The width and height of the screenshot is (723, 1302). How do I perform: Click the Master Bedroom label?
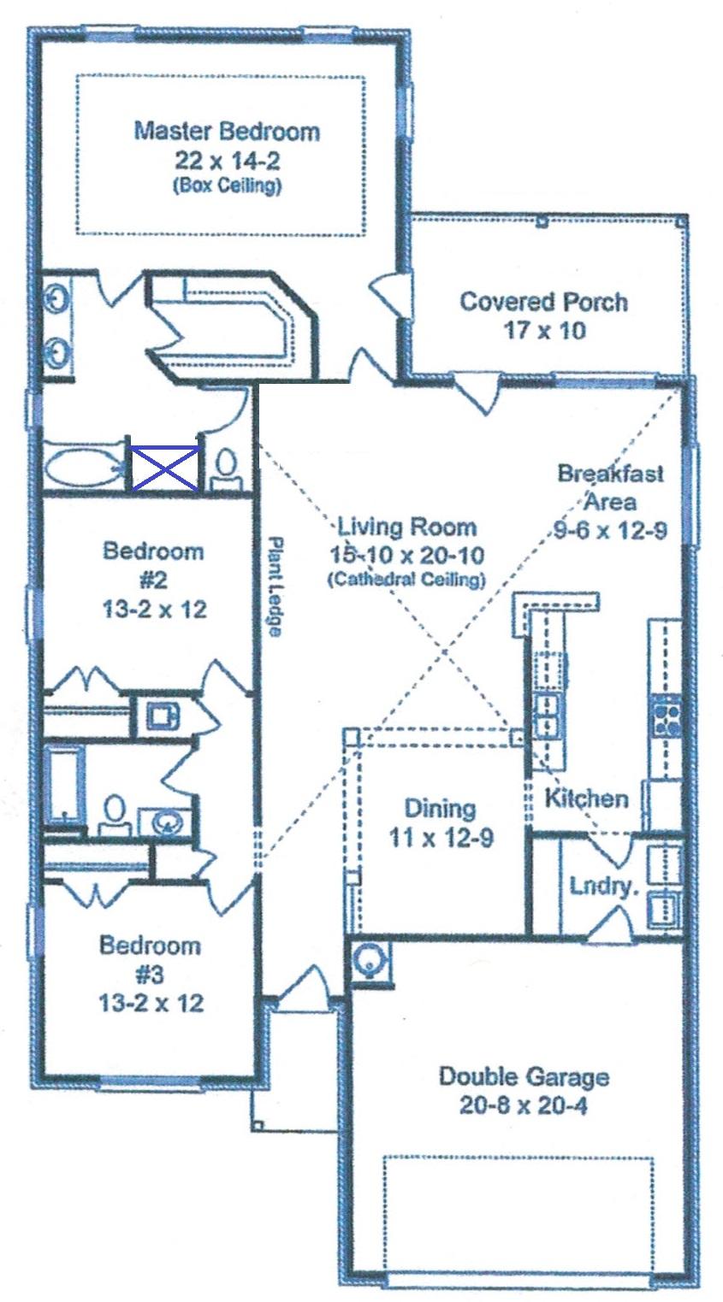[x=227, y=131]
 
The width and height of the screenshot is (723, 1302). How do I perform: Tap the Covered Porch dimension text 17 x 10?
[x=545, y=330]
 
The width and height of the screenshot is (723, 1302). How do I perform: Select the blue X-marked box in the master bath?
[x=164, y=468]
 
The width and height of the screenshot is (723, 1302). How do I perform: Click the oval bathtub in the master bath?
[x=84, y=468]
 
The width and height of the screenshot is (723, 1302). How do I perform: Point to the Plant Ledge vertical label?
[x=275, y=586]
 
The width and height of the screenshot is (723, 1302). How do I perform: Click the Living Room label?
[x=406, y=526]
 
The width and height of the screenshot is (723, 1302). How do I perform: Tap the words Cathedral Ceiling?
[x=406, y=580]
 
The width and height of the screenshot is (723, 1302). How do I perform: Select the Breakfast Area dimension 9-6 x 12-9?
[x=608, y=530]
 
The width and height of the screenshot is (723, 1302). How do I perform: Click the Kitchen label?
[x=586, y=799]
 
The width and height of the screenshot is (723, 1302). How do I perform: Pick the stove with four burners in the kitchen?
[x=667, y=716]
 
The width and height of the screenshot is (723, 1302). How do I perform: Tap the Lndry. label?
[x=604, y=886]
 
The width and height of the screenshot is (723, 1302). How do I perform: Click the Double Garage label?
[x=524, y=1075]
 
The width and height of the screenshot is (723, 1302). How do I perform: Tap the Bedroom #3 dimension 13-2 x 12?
[x=151, y=1002]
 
